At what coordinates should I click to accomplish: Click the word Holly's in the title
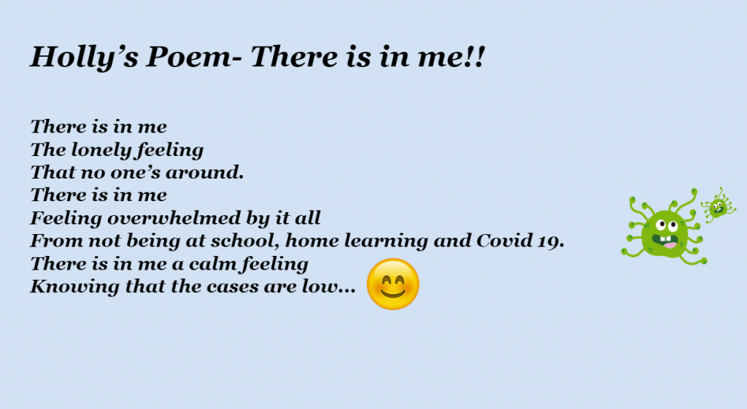[85, 58]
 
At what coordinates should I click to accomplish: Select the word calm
[214, 264]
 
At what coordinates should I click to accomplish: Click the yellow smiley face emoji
[393, 284]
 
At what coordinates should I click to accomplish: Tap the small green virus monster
[718, 206]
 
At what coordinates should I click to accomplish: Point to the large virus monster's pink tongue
[669, 245]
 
